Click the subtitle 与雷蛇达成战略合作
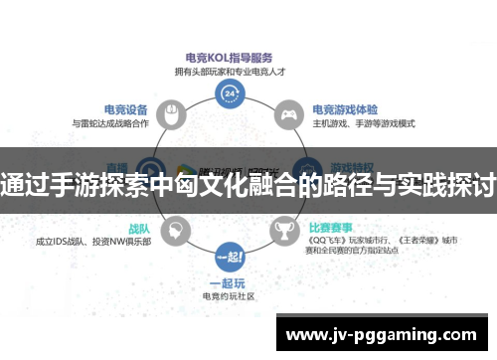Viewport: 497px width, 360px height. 111,123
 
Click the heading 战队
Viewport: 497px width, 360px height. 140,225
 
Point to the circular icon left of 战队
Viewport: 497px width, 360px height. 175,230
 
